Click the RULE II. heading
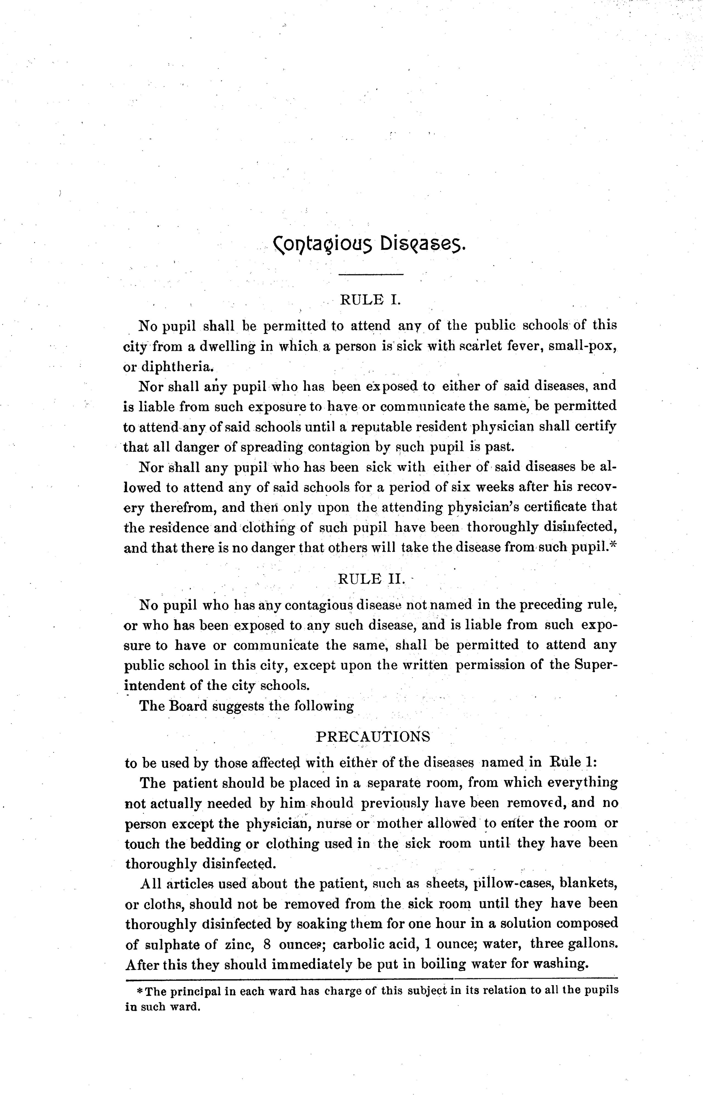coord(372,579)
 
